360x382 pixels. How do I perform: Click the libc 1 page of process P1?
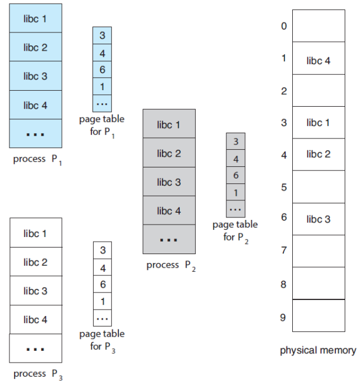[x=35, y=18]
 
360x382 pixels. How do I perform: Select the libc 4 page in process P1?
[x=35, y=105]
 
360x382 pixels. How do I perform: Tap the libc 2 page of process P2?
[x=169, y=153]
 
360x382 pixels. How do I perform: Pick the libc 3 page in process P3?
[x=35, y=291]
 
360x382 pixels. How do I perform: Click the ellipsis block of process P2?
[x=169, y=239]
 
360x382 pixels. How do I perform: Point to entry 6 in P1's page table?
[x=102, y=69]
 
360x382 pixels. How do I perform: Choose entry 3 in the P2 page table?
[x=236, y=141]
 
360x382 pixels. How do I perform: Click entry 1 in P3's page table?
[x=103, y=301]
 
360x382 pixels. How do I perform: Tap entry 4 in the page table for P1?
[x=102, y=52]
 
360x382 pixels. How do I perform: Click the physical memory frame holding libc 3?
[x=318, y=219]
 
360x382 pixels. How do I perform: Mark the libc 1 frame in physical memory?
[x=318, y=123]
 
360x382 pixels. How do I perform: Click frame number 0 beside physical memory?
[x=283, y=26]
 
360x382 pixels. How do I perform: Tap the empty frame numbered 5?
[x=318, y=187]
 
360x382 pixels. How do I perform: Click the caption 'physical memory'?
[x=318, y=351]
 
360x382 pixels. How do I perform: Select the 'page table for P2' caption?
[x=235, y=231]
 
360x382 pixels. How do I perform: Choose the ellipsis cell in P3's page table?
[x=103, y=318]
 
